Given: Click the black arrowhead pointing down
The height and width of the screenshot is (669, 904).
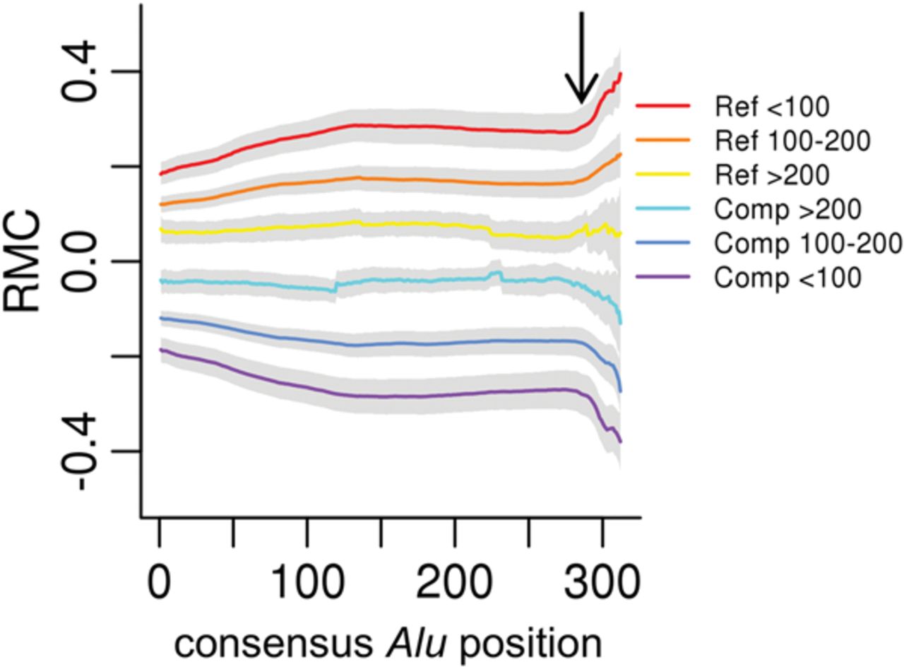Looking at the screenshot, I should (581, 91).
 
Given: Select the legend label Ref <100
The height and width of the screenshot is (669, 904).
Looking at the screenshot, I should (771, 107).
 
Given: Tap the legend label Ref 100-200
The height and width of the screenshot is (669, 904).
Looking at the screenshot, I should (792, 141).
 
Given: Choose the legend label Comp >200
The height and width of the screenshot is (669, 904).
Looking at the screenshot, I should (787, 209).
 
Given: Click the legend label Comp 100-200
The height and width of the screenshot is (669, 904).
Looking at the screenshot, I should (808, 244).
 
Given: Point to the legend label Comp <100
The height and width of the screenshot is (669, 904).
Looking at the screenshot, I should (787, 278).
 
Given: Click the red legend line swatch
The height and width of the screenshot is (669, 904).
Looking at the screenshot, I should (662, 107).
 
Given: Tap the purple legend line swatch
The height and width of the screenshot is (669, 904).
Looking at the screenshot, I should (662, 278).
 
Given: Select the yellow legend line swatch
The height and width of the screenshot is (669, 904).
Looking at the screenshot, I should (662, 175).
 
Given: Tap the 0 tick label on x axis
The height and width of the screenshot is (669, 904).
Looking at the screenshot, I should (160, 584).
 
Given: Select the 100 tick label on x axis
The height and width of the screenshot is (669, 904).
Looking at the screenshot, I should (307, 584).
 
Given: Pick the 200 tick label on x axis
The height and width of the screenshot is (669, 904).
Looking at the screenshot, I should (454, 584).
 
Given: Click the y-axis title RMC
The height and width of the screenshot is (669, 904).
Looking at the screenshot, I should (23, 261).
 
